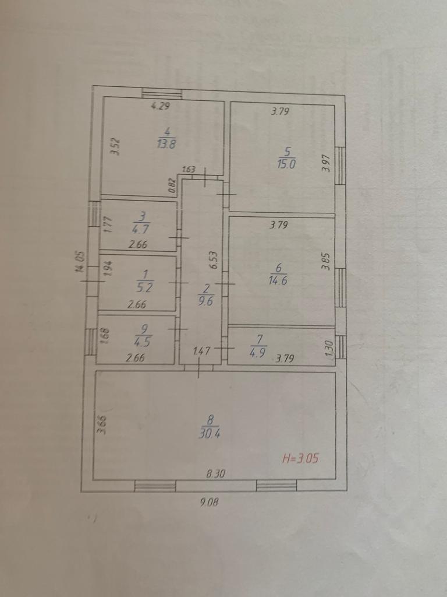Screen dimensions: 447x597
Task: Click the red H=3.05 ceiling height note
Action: coord(300,458)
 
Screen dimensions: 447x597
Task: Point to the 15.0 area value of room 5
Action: coord(286,164)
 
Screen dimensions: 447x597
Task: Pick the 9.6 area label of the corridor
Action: coord(207,301)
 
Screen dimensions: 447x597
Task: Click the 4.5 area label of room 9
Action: coord(143,342)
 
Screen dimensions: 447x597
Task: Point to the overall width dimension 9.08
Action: coord(210,502)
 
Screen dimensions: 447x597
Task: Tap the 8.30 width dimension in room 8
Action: coord(216,473)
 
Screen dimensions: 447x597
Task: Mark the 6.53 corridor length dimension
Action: coord(214,261)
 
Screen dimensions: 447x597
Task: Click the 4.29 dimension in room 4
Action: coord(160,106)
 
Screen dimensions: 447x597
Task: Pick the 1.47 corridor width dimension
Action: coord(201,350)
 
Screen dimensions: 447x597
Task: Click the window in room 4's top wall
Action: coord(162,93)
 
